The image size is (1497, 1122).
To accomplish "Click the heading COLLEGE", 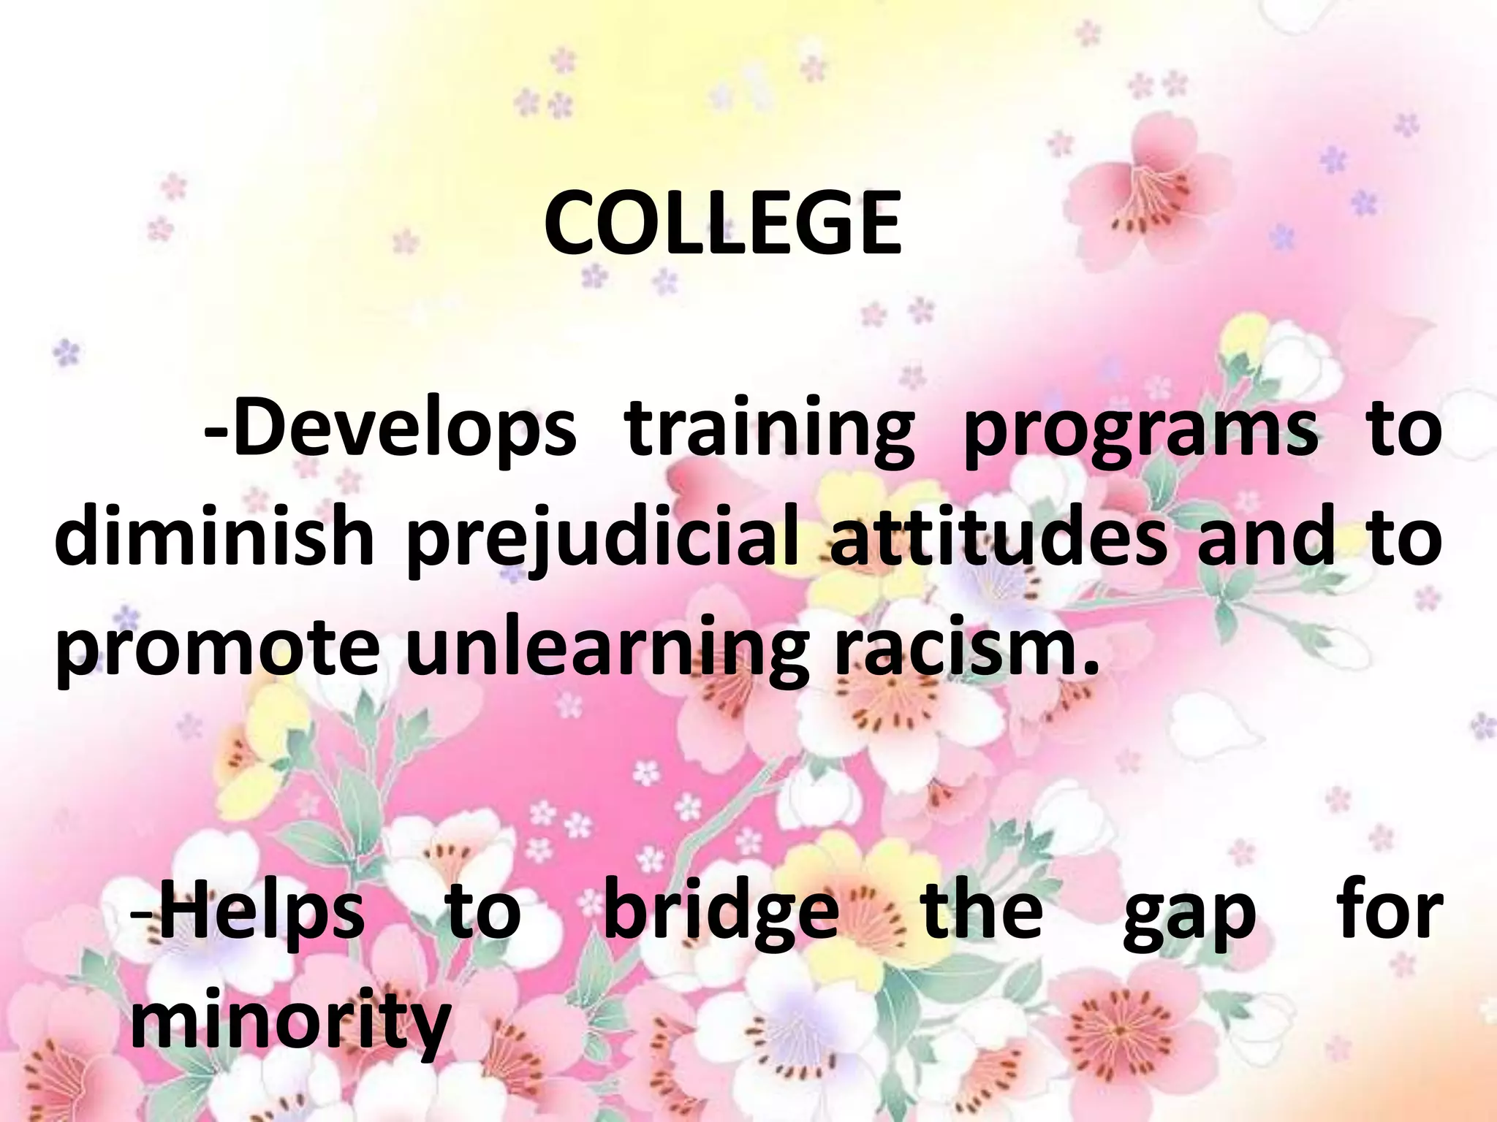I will click(x=722, y=223).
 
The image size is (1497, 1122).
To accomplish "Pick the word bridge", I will click(x=721, y=913).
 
